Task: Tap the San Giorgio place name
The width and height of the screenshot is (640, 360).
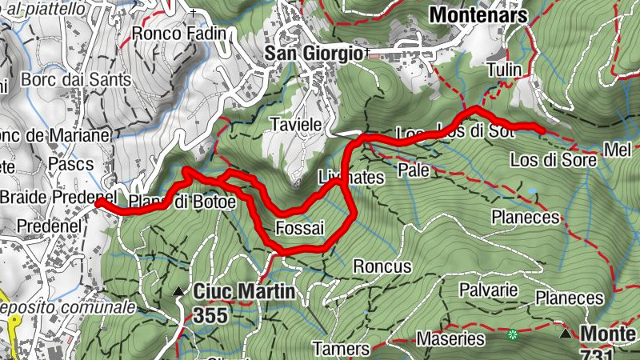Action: pos(314,54)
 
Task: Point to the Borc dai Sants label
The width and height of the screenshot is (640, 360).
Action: pos(64,80)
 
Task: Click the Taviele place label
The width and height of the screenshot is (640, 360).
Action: pos(296,126)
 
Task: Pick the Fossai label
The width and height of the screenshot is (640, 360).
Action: pos(299,228)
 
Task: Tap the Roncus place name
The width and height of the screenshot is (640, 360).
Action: pos(382,266)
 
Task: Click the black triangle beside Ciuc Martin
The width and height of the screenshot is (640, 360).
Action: pos(178,292)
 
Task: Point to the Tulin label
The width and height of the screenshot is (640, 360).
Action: pos(503,70)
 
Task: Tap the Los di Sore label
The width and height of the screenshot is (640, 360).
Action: pos(554,160)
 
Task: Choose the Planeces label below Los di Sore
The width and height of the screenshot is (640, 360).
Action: pos(525,217)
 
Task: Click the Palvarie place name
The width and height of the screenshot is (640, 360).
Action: pos(490,290)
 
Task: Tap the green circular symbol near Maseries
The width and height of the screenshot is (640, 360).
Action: pos(513,334)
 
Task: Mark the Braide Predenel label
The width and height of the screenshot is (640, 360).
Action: pos(58,198)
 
